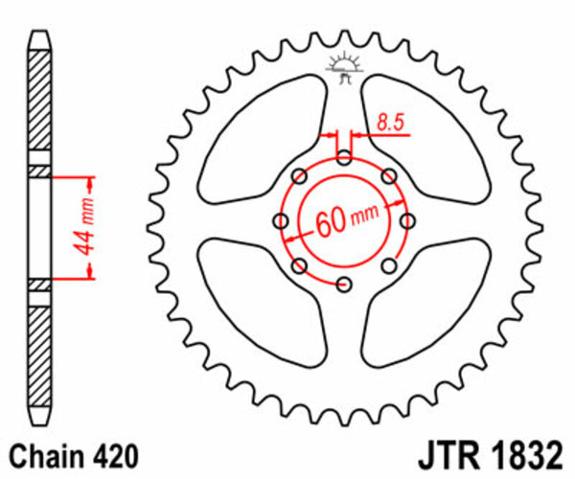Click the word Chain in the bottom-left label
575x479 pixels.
[x=46, y=452]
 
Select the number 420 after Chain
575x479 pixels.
[x=111, y=452]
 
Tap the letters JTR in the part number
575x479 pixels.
[x=443, y=451]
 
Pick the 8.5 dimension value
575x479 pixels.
[x=389, y=122]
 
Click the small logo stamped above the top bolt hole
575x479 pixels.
[x=344, y=68]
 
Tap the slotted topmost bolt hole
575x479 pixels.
[x=344, y=157]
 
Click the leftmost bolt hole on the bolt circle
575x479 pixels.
[x=281, y=221]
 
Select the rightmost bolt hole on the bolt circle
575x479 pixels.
[x=407, y=221]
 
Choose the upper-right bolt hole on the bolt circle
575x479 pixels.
[x=389, y=176]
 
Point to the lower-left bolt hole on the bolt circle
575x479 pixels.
[x=299, y=265]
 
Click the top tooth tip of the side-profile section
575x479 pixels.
[x=38, y=38]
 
